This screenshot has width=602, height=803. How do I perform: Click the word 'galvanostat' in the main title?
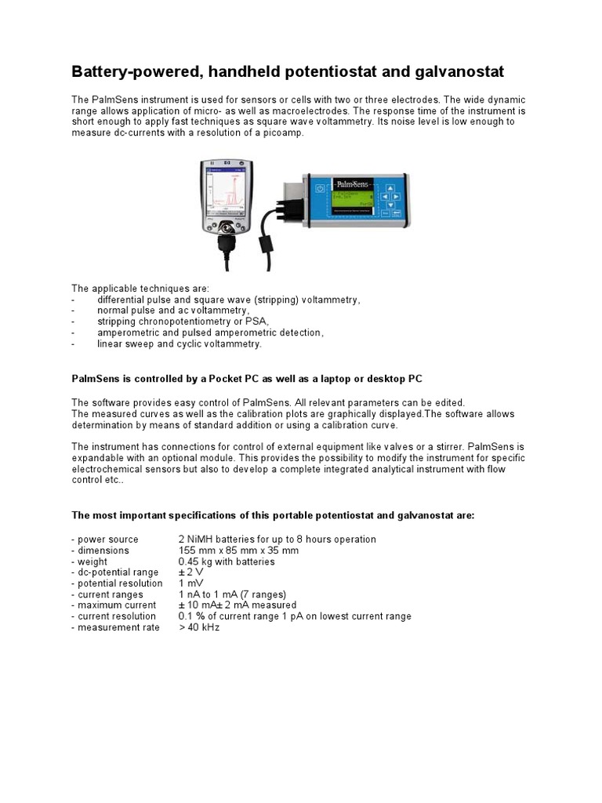[457, 72]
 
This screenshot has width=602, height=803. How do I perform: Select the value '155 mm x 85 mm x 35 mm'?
[238, 550]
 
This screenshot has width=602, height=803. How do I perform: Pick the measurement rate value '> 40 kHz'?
[199, 627]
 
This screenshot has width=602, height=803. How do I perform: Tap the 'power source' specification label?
[105, 540]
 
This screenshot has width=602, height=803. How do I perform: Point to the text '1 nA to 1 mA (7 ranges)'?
[233, 594]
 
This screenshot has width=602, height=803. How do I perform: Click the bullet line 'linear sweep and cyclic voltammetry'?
[180, 343]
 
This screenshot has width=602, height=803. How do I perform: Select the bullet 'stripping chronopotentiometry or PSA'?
[183, 322]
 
